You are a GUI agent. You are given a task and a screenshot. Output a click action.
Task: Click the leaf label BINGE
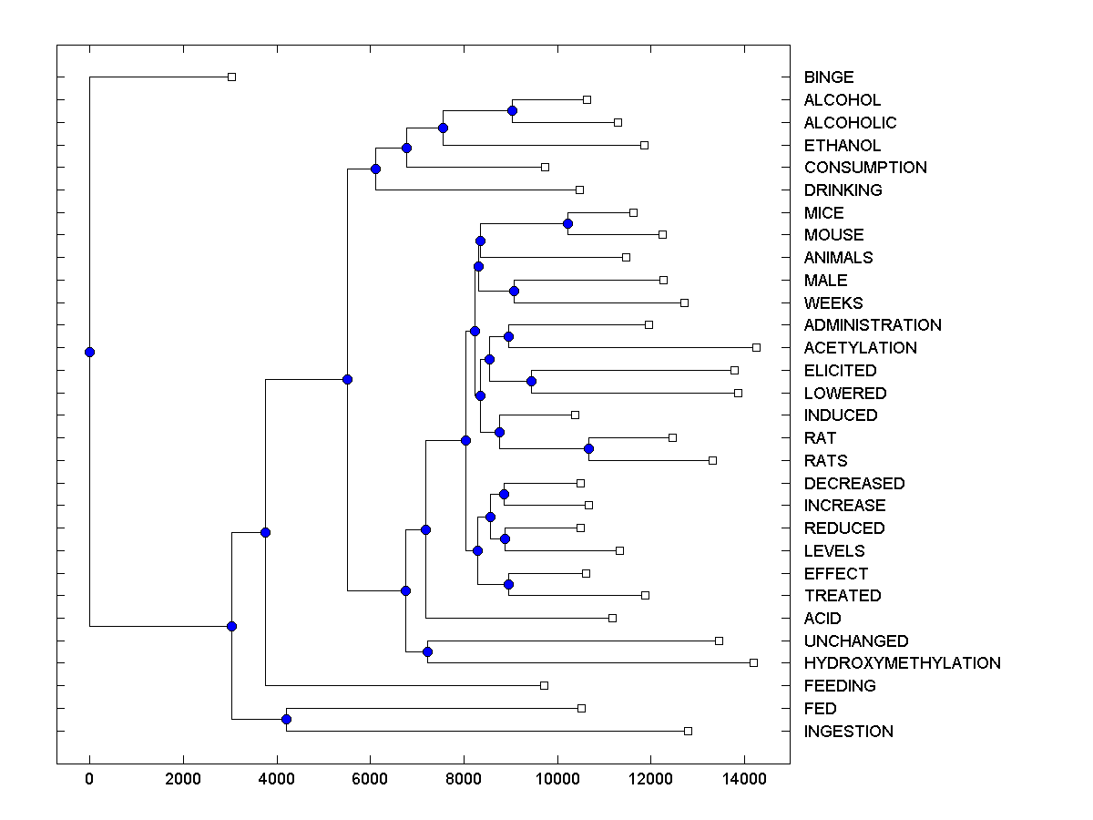pyautogui.click(x=829, y=77)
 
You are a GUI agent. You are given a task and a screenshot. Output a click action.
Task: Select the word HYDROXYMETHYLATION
pyautogui.click(x=902, y=663)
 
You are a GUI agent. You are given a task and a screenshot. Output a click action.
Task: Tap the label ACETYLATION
pyautogui.click(x=860, y=348)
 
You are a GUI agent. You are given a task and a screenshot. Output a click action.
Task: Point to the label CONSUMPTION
pyautogui.click(x=865, y=168)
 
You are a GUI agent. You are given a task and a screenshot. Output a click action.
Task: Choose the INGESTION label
pyautogui.click(x=848, y=732)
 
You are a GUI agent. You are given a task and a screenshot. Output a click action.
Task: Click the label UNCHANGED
pyautogui.click(x=855, y=641)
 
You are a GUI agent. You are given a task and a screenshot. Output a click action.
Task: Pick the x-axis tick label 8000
pyautogui.click(x=464, y=778)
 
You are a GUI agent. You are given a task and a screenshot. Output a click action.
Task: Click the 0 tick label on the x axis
pyautogui.click(x=89, y=778)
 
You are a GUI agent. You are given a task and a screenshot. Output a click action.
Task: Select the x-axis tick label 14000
pyautogui.click(x=744, y=778)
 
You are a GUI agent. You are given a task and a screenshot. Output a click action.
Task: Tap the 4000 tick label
pyautogui.click(x=277, y=778)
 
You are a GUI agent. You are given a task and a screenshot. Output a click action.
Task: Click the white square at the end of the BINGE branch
pyautogui.click(x=231, y=77)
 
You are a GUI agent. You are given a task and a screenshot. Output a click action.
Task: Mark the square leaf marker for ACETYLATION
pyautogui.click(x=756, y=347)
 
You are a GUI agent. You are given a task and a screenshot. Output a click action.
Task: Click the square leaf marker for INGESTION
pyautogui.click(x=688, y=731)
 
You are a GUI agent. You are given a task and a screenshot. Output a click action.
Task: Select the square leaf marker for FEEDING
pyautogui.click(x=544, y=685)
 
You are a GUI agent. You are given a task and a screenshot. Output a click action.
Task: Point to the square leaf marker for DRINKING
pyautogui.click(x=579, y=190)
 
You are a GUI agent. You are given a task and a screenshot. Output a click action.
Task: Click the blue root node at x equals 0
pyautogui.click(x=89, y=352)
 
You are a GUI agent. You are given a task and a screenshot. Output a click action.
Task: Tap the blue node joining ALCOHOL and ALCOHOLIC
pyautogui.click(x=512, y=110)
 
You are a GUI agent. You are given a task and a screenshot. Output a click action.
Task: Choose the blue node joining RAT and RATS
pyautogui.click(x=588, y=448)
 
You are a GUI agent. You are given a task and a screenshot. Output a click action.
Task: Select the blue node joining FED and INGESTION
pyautogui.click(x=286, y=720)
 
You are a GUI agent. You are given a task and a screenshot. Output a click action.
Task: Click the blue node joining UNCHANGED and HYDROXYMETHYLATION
pyautogui.click(x=427, y=651)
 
